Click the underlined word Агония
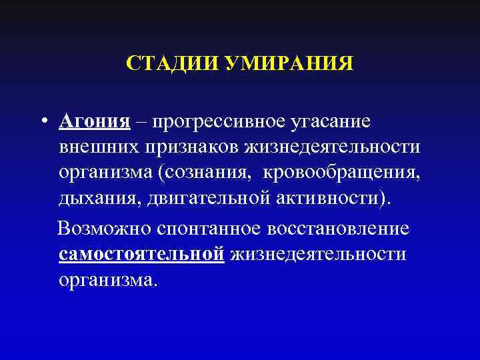(93, 123)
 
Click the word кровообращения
(342, 173)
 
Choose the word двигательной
(197, 198)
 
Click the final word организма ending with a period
(108, 279)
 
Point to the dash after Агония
(141, 123)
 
